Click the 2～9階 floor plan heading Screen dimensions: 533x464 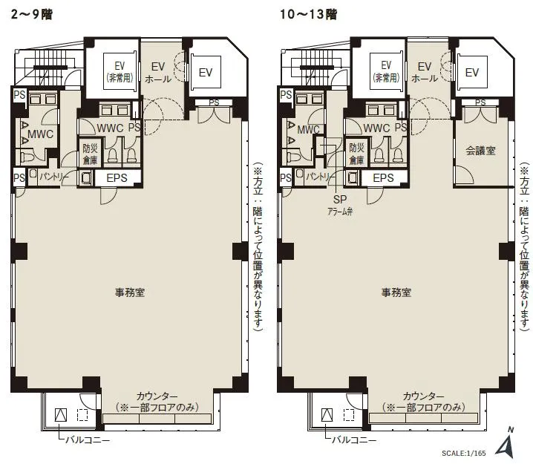(x=32, y=15)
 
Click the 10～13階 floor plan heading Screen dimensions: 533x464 (x=308, y=15)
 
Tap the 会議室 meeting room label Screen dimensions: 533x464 (x=480, y=151)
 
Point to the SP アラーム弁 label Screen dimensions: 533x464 (x=340, y=206)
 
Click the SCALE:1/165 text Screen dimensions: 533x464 (x=464, y=453)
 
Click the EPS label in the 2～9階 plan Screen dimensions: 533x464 (x=117, y=177)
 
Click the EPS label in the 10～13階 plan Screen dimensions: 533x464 (x=383, y=177)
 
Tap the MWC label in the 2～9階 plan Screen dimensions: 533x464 (x=40, y=134)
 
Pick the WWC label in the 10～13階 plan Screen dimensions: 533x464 (x=376, y=128)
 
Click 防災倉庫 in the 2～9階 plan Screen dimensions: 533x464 (x=90, y=154)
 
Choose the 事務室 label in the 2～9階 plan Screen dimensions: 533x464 (x=130, y=293)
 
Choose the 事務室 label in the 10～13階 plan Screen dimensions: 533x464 (x=396, y=293)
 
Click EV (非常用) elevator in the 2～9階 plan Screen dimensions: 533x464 (x=120, y=71)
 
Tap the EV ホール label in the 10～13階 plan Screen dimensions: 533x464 (x=425, y=72)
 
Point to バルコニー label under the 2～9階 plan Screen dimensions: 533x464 (x=88, y=440)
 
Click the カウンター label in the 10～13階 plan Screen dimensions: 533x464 (x=424, y=396)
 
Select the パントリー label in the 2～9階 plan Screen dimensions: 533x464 (x=53, y=177)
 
